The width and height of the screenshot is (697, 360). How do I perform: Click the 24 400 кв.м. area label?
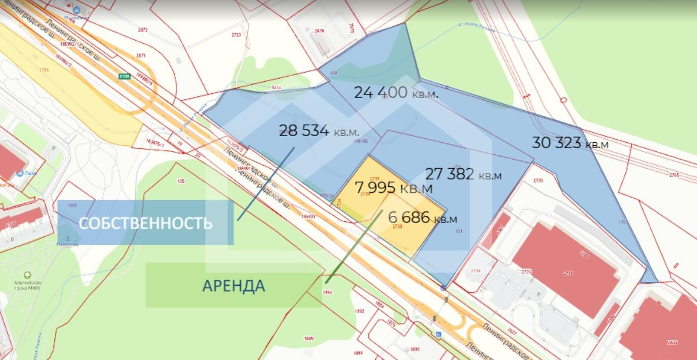pyautogui.click(x=396, y=92)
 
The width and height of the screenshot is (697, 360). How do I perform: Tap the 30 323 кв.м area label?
pyautogui.click(x=569, y=143)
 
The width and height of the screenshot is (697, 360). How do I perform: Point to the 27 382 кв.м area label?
pyautogui.click(x=463, y=175)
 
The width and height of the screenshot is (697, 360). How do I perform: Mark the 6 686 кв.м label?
pyautogui.click(x=422, y=218)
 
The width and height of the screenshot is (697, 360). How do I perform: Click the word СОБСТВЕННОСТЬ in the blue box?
pyautogui.click(x=145, y=223)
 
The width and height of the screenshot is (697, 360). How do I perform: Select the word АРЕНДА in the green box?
pyautogui.click(x=234, y=286)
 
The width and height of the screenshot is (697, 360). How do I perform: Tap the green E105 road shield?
pyautogui.click(x=124, y=76)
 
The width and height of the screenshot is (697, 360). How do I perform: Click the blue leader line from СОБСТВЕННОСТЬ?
pyautogui.click(x=266, y=183)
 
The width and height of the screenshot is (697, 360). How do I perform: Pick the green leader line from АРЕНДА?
pyautogui.click(x=354, y=246)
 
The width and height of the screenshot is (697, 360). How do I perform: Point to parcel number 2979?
pyautogui.click(x=319, y=31)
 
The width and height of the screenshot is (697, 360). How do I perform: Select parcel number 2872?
pyautogui.click(x=143, y=29)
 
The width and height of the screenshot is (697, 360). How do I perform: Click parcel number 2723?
pyautogui.click(x=236, y=35)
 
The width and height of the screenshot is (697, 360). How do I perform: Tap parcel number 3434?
pyautogui.click(x=276, y=88)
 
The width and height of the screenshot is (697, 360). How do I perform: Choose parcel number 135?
pyautogui.click(x=181, y=181)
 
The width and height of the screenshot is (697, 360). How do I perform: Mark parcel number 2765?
pyautogui.click(x=674, y=175)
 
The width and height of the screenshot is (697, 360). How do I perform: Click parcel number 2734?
pyautogui.click(x=476, y=271)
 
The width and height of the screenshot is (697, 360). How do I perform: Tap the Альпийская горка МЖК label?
pyautogui.click(x=34, y=285)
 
